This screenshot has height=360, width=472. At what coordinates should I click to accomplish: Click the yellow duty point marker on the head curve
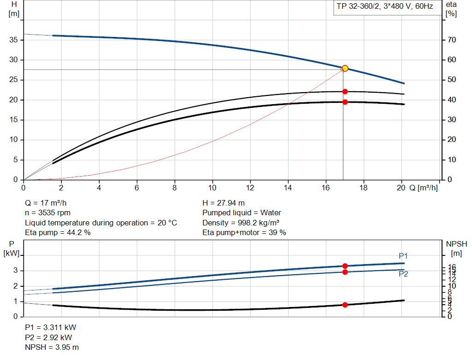pos(345,68)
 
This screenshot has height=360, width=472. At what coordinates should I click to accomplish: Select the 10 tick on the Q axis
pos(212,188)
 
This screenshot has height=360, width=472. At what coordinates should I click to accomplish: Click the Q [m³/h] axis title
pos(424,188)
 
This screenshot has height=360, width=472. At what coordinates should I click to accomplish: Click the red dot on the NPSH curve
pos(345,305)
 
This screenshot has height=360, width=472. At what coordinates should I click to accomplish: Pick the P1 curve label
pos(403,256)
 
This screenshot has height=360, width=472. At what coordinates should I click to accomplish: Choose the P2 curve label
pos(403,274)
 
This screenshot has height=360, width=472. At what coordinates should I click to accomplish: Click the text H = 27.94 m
pos(224,203)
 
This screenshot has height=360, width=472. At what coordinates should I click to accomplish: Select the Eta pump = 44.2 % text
pos(58,233)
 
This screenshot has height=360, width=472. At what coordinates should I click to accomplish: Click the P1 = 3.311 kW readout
pos(50,327)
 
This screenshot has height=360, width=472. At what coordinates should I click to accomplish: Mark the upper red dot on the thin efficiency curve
pos(345,92)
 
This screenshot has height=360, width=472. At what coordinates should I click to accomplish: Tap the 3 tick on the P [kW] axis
pos(15,271)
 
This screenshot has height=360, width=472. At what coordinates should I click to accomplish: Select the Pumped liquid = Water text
pos(242,213)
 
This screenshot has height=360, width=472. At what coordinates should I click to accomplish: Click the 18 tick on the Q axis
pos(363,188)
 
